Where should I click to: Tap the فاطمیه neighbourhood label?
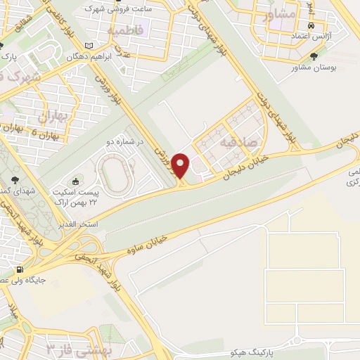click(x=126, y=30)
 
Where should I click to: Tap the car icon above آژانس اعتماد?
click(x=311, y=25)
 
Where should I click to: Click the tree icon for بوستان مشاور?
click(x=314, y=58)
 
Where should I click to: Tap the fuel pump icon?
click(x=19, y=270)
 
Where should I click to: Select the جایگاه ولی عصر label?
click(x=45, y=279)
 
